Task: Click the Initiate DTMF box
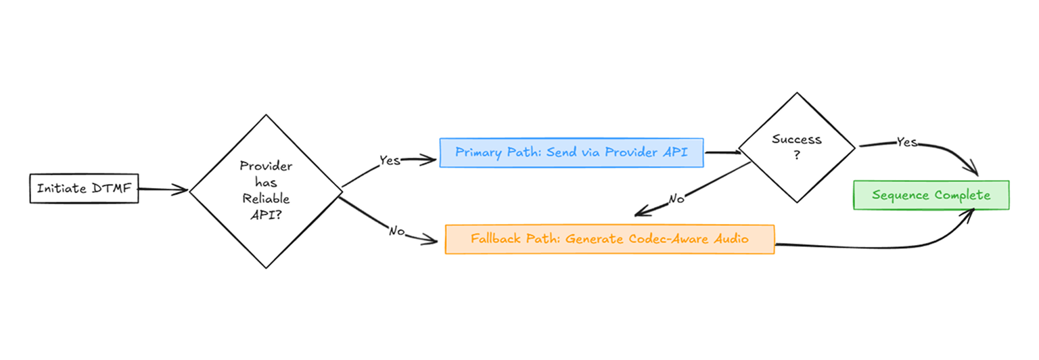(84, 189)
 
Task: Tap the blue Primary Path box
(571, 152)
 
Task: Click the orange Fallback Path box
(609, 239)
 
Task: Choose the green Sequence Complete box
(931, 195)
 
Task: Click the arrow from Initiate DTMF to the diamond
(163, 190)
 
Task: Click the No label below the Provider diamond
(397, 231)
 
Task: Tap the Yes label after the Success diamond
(906, 142)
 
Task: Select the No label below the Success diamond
(676, 199)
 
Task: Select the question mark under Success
(796, 155)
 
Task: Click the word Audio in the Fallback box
(733, 239)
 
